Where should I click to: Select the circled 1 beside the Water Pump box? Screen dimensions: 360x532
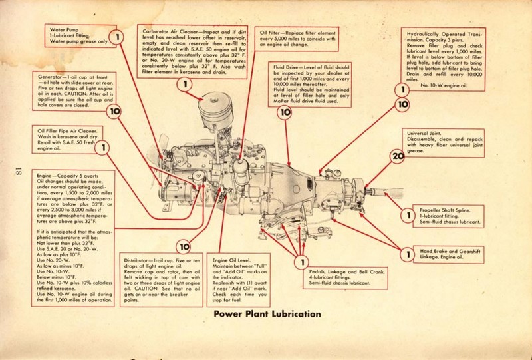point(117,37)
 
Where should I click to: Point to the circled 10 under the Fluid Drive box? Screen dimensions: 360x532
point(286,113)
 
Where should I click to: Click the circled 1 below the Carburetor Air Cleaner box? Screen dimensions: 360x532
point(184,84)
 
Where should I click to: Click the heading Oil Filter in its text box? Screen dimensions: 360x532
point(273,32)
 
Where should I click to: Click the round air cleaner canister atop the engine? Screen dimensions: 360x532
point(215,106)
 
